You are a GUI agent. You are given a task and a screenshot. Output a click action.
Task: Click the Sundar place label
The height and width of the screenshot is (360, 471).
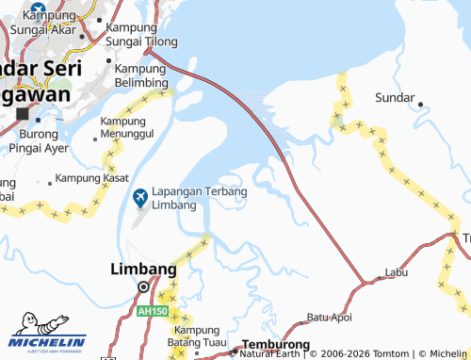pos(395,98)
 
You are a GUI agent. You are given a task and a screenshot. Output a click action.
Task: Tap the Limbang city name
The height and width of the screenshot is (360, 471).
pos(143,270)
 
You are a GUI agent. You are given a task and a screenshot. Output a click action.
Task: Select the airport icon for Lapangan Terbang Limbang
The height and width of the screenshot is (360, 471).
pos(140,197)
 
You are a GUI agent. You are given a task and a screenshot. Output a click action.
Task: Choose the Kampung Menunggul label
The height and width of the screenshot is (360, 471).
pos(134,128)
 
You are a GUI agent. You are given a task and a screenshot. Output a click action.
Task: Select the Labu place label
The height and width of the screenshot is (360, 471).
pos(397,273)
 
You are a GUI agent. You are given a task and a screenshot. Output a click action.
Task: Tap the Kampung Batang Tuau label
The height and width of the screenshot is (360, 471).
pos(203,336)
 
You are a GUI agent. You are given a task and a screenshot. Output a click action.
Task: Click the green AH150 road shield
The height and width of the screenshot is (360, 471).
pos(149,310)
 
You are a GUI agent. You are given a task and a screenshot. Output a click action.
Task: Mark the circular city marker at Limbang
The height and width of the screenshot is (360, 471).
pos(143,287)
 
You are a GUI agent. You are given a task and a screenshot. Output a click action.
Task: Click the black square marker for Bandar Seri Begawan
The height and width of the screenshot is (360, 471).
pos(22,114)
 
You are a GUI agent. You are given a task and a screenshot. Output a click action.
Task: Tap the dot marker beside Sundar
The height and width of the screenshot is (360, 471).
pos(420,104)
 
